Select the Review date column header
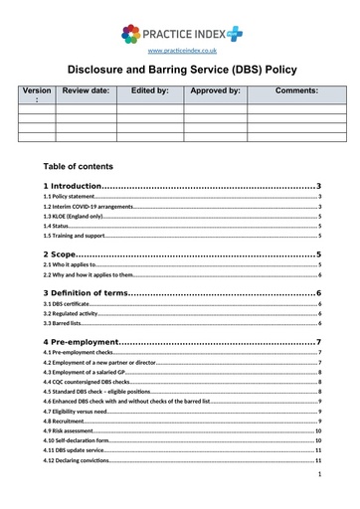86,90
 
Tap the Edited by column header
150,90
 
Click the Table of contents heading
80,166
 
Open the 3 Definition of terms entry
90,292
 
